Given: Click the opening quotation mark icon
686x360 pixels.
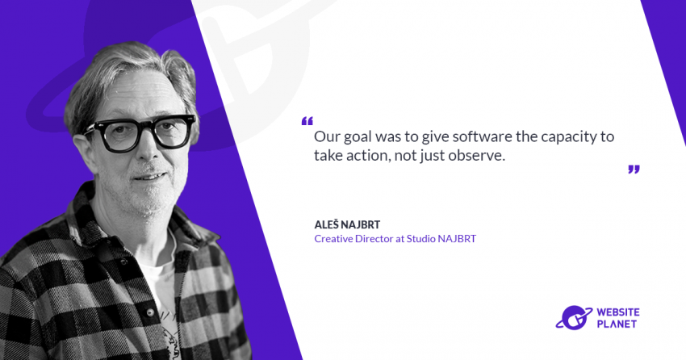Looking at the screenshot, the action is pyautogui.click(x=307, y=121).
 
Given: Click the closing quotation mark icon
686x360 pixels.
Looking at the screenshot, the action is pyautogui.click(x=634, y=170).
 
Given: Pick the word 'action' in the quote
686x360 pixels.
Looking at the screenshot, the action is pyautogui.click(x=366, y=155).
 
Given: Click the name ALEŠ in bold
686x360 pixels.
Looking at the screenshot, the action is pyautogui.click(x=326, y=224).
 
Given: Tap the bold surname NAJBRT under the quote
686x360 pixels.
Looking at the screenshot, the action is pyautogui.click(x=361, y=225).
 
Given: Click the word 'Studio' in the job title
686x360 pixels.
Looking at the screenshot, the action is pyautogui.click(x=420, y=239).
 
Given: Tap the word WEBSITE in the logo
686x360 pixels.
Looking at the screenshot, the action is pyautogui.click(x=618, y=312).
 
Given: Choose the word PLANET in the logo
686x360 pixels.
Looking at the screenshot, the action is pyautogui.click(x=617, y=324).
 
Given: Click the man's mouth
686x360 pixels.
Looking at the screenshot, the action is pyautogui.click(x=149, y=177).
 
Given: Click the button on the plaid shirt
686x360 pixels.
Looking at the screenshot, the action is pyautogui.click(x=150, y=312).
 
